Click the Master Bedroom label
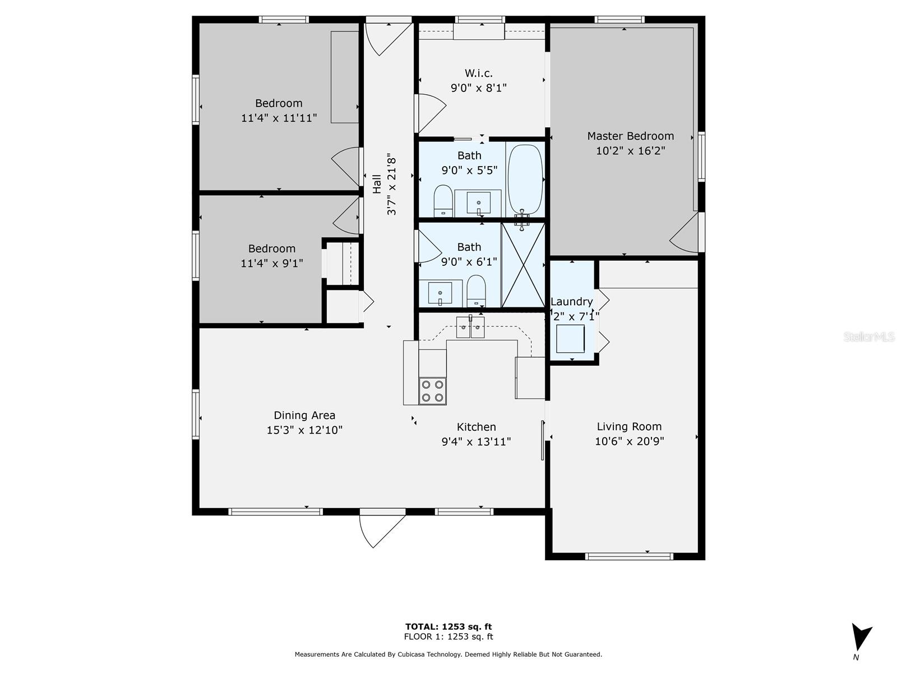tap(630, 136)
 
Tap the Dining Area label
tap(304, 415)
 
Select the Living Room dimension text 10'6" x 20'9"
tap(630, 441)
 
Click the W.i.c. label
tap(479, 73)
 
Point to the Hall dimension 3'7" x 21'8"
tap(391, 186)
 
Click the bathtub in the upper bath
tap(525, 179)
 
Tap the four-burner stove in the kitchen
tap(432, 391)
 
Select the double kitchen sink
tap(470, 328)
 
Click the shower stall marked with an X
tap(523, 265)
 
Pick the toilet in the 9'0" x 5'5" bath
tap(443, 201)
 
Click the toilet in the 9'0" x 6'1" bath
tap(476, 291)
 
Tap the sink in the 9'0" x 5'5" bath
tap(478, 203)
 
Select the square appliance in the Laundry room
tap(571, 339)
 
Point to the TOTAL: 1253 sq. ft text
tap(449, 627)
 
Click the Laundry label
tap(571, 302)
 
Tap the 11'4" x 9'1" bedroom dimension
tap(272, 264)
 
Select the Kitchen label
tap(476, 427)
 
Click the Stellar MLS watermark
tap(869, 337)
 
